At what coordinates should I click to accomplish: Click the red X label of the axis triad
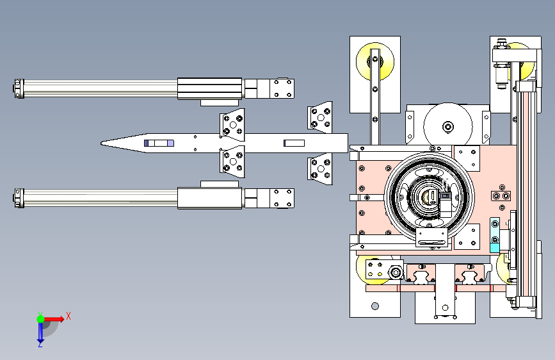[68, 316]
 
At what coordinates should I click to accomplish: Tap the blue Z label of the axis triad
[40, 344]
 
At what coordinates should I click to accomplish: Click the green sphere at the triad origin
[41, 319]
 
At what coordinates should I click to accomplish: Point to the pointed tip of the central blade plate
[101, 143]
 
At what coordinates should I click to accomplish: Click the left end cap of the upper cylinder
[19, 88]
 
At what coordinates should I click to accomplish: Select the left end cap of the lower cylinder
[19, 198]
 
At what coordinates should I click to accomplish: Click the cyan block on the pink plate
[495, 248]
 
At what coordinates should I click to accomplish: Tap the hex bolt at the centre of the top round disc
[448, 126]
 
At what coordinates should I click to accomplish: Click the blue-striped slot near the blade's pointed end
[159, 143]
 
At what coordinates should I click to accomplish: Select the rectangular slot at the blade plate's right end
[294, 143]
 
